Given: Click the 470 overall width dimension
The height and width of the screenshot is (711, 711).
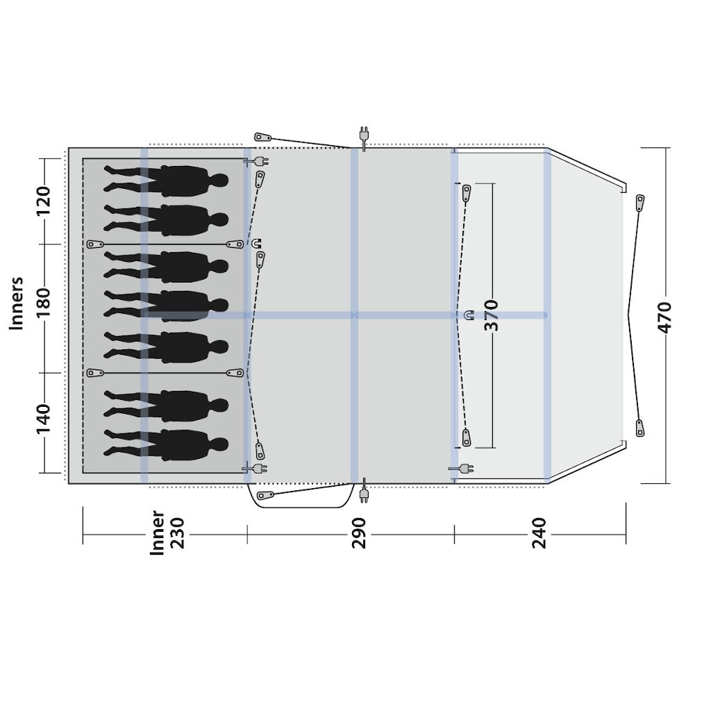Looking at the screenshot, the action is (664, 317).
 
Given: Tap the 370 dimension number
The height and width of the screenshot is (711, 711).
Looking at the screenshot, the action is (491, 315).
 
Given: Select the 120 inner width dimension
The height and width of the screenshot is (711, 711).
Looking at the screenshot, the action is (44, 201).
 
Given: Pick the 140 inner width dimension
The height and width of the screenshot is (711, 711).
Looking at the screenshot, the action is (44, 418).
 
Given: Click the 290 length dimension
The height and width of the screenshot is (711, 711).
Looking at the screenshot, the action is (359, 533).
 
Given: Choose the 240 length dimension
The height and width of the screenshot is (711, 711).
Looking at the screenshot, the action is (539, 533).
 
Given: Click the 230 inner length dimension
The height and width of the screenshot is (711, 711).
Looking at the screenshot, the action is (177, 533).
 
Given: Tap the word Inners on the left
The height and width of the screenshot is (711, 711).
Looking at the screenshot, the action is (17, 303).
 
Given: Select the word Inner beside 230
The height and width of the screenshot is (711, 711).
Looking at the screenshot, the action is (157, 533).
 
